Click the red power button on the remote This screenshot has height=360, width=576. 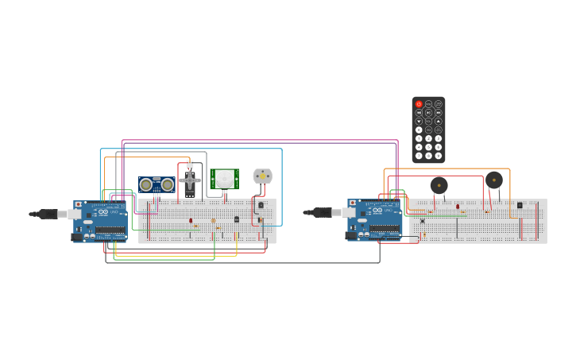[419, 104]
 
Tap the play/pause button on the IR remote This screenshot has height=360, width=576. [428, 113]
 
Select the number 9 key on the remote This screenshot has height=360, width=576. [438, 155]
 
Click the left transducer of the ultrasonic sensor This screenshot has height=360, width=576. [146, 184]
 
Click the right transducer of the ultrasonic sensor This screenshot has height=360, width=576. [167, 184]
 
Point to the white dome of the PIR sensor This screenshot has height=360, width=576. [226, 180]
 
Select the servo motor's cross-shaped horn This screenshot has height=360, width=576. [190, 180]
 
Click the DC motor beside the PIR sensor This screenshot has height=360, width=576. [262, 176]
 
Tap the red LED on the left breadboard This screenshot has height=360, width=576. [191, 220]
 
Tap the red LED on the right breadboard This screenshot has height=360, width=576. [458, 207]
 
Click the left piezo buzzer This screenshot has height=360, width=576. [439, 185]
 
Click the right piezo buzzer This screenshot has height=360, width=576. [494, 180]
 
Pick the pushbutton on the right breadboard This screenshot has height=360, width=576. [422, 221]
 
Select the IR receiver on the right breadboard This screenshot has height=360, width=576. [520, 205]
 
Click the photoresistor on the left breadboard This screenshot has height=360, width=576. [213, 221]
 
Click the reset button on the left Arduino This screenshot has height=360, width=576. [78, 204]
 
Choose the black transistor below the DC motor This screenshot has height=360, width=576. [261, 205]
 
